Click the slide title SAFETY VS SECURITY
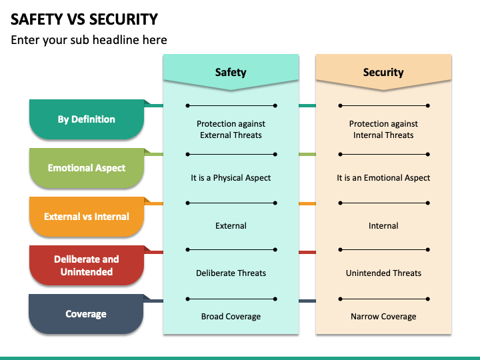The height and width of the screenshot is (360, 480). pyautogui.click(x=84, y=19)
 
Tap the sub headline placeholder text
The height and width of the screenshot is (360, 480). pyautogui.click(x=89, y=40)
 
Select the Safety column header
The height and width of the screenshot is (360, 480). pyautogui.click(x=231, y=72)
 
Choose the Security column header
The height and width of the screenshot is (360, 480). pyautogui.click(x=383, y=72)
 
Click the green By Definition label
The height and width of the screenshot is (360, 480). pyautogui.click(x=87, y=119)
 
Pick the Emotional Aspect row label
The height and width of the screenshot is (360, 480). pyautogui.click(x=87, y=168)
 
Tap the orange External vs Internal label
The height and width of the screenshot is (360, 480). pyautogui.click(x=87, y=217)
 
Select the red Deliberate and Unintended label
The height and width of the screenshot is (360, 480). pyautogui.click(x=87, y=265)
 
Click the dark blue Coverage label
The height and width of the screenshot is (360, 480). pyautogui.click(x=86, y=314)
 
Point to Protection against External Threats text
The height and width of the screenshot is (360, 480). pyautogui.click(x=231, y=129)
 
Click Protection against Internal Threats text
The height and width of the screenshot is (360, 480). pyautogui.click(x=383, y=129)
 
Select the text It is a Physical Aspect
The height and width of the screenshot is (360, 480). pyautogui.click(x=231, y=178)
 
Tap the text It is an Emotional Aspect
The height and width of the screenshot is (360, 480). pyautogui.click(x=383, y=178)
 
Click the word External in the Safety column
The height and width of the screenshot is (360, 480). pyautogui.click(x=231, y=226)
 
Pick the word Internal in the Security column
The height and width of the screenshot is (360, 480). pyautogui.click(x=383, y=226)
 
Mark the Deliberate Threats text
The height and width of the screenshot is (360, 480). pyautogui.click(x=231, y=273)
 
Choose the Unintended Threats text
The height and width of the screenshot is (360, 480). pyautogui.click(x=383, y=273)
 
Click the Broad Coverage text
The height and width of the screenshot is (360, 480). pyautogui.click(x=231, y=317)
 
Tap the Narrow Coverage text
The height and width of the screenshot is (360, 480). pyautogui.click(x=383, y=317)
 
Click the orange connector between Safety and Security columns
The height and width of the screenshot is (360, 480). pyautogui.click(x=307, y=203)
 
